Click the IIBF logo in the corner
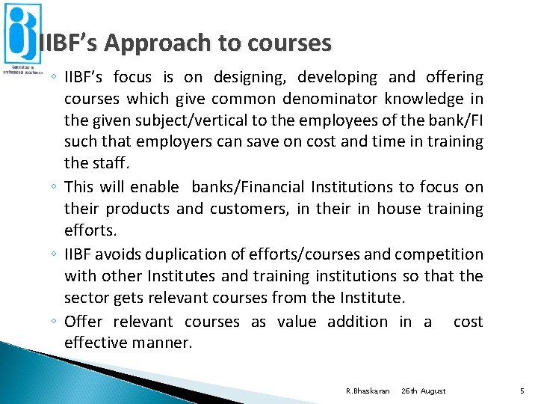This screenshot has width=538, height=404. click(22, 37)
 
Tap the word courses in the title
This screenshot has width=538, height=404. click(284, 43)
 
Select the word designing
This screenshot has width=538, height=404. click(250, 77)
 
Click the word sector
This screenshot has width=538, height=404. click(87, 299)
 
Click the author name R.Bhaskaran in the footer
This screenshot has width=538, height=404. click(368, 391)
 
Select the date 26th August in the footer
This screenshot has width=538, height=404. click(423, 391)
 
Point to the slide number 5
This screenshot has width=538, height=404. click(521, 391)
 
